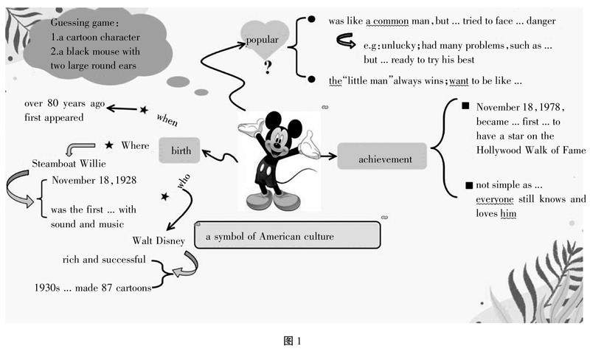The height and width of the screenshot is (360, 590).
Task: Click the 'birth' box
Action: coord(181,151)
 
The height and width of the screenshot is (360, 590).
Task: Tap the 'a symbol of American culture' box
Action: coord(288,236)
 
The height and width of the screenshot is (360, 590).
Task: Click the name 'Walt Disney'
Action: coord(159,240)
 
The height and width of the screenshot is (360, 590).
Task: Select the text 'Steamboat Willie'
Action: coord(69,162)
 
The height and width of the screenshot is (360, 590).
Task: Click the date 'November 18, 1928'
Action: coord(94,180)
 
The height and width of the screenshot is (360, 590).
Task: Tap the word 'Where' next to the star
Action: coord(135,145)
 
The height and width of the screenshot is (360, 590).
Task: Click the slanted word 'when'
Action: coord(167,120)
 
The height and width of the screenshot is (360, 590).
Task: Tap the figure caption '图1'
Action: coord(293,340)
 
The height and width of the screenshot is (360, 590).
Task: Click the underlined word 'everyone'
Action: coord(496,199)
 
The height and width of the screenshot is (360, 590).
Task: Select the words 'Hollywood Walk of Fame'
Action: coord(530,150)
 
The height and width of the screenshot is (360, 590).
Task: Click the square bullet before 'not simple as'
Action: coord(468,185)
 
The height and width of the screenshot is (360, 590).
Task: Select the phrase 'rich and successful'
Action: coord(104,260)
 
